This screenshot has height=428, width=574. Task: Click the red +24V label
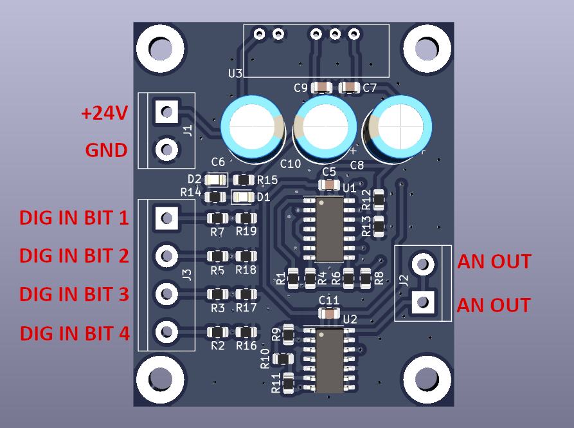click(104, 113)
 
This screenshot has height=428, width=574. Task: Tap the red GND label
click(106, 151)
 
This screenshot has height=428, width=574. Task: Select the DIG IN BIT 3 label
click(74, 294)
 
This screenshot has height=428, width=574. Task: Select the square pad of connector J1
click(166, 112)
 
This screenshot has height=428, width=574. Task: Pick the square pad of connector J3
click(166, 218)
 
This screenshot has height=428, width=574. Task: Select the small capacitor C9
click(321, 88)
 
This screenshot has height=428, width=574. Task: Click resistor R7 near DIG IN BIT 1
click(217, 219)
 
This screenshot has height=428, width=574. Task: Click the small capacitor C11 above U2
click(329, 313)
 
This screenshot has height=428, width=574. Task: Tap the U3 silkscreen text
click(235, 73)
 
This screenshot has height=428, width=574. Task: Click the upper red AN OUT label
click(494, 262)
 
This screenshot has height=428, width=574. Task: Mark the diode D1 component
click(244, 196)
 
